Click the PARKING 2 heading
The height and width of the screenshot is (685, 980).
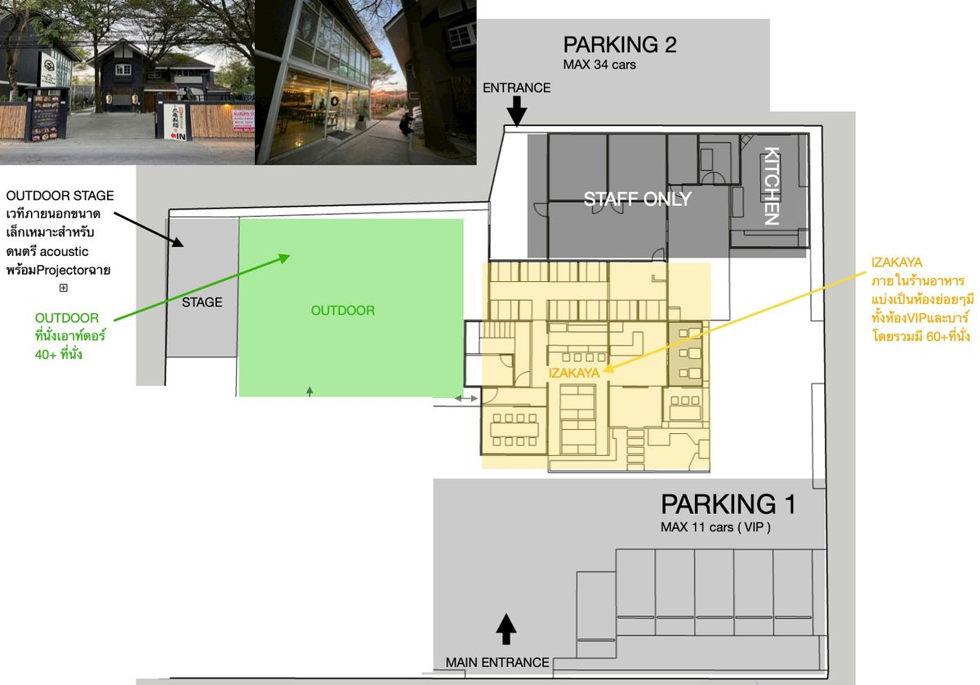coord(620,45)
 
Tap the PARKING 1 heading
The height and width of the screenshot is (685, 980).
coord(728,504)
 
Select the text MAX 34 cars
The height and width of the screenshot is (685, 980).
coord(599,65)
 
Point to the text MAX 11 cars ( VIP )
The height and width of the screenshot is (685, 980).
coord(715,527)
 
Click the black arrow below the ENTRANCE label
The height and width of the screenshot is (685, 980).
coord(517,110)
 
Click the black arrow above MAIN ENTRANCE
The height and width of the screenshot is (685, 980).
coord(506,629)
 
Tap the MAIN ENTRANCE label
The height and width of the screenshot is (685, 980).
coord(497,662)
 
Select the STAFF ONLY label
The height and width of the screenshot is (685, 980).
coord(638,199)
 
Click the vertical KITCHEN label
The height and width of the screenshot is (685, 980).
coord(771,186)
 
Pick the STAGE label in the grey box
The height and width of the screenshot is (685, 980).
coord(203,302)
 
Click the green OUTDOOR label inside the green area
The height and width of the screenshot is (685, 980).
coord(342,311)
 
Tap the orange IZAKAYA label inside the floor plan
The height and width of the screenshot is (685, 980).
coord(574,373)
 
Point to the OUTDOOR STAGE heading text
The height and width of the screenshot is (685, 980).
coord(60,196)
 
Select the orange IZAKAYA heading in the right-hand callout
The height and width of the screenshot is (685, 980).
coord(897,262)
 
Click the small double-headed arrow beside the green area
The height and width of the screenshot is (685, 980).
coord(466,399)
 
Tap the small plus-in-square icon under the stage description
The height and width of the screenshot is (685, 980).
coord(64,288)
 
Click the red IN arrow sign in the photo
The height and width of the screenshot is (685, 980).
coord(179,137)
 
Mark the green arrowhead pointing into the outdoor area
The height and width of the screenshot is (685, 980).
coord(284,258)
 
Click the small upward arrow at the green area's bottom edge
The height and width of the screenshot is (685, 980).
coord(310,391)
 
